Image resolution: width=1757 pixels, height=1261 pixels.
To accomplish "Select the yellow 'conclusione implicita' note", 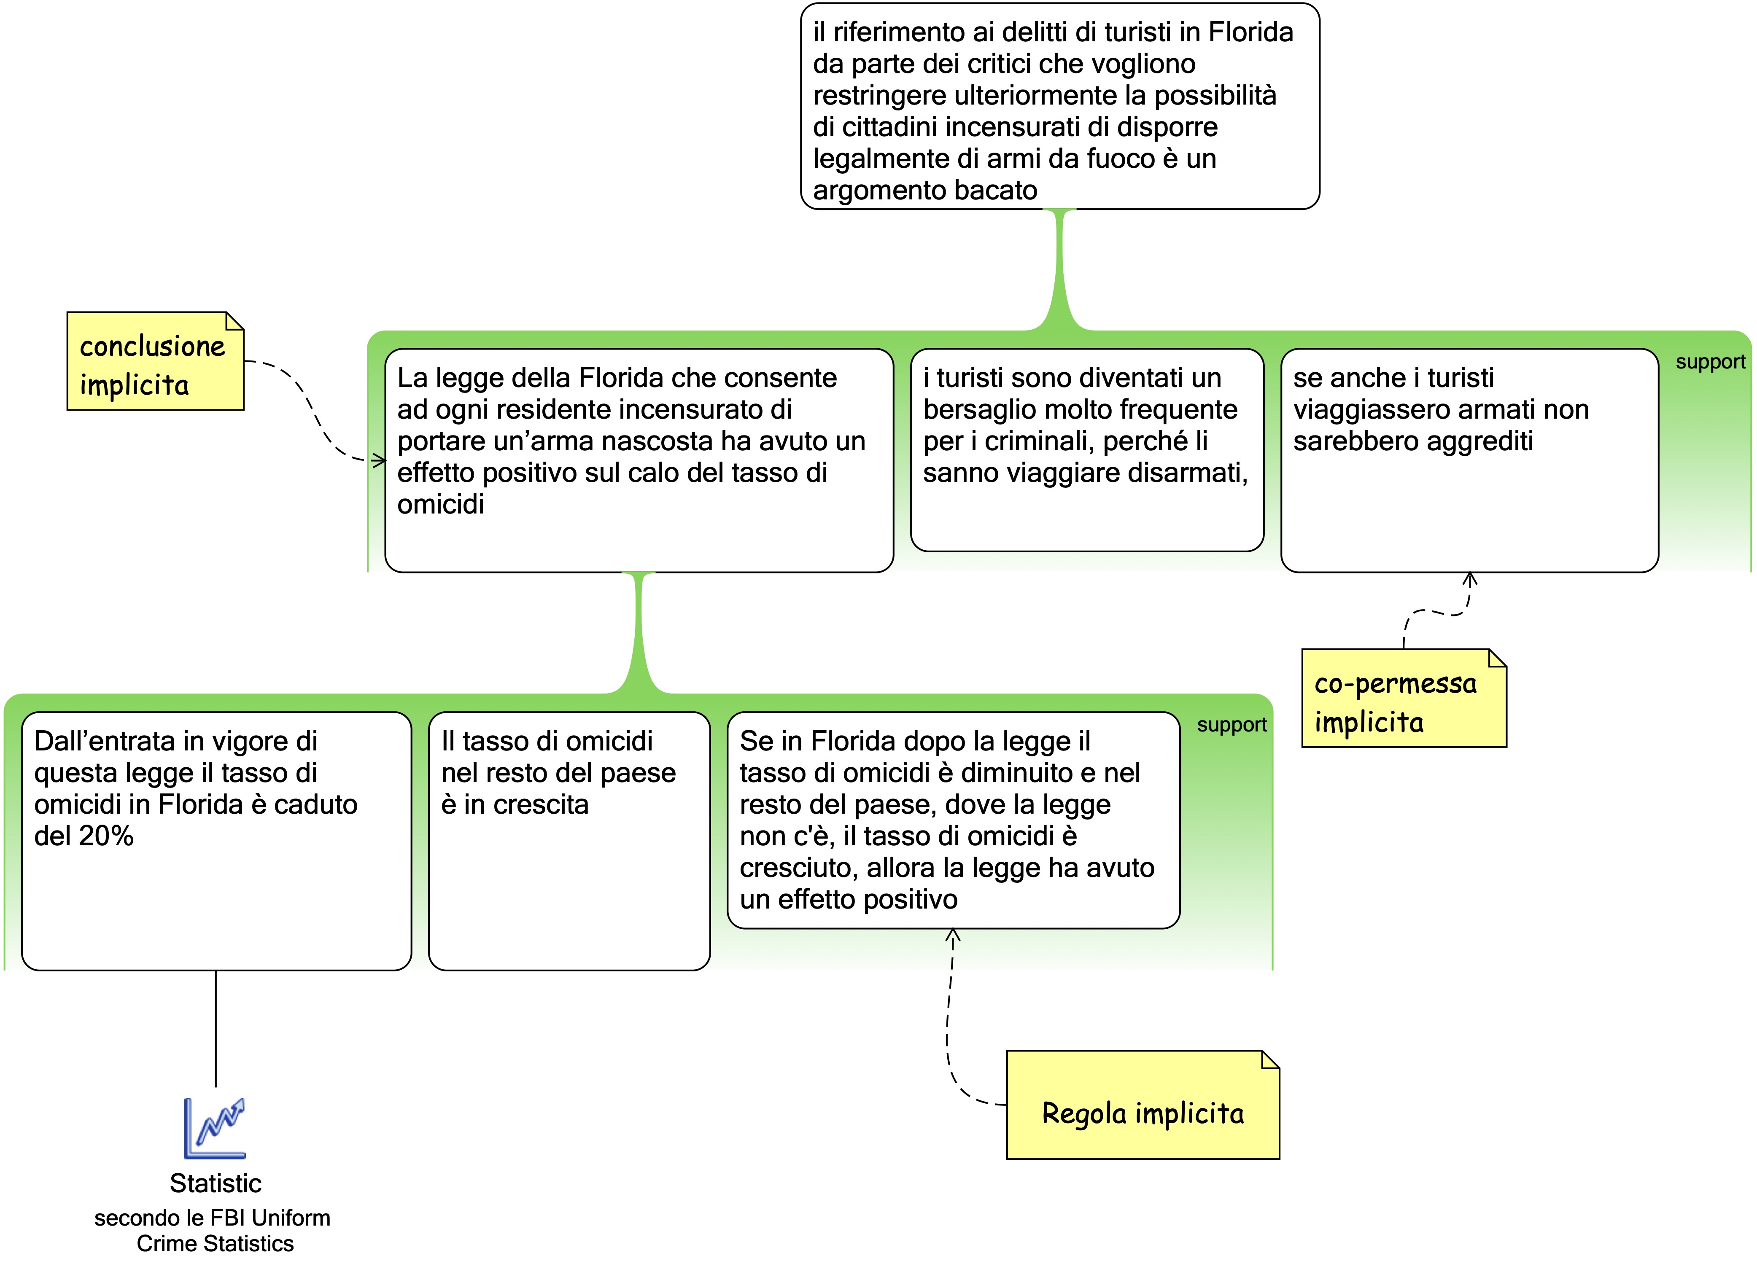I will point(155,362).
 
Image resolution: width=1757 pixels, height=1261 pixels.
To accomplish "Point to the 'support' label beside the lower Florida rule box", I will point(1231,725).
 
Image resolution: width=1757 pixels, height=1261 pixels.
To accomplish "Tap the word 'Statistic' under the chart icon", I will point(216,1183).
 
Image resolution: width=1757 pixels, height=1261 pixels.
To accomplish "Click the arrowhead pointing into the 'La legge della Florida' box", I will point(380,461).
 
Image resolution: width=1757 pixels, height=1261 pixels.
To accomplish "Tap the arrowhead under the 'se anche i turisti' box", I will point(1470,578).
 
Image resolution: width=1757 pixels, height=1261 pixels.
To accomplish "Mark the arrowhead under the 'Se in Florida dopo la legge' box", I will point(953,935).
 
